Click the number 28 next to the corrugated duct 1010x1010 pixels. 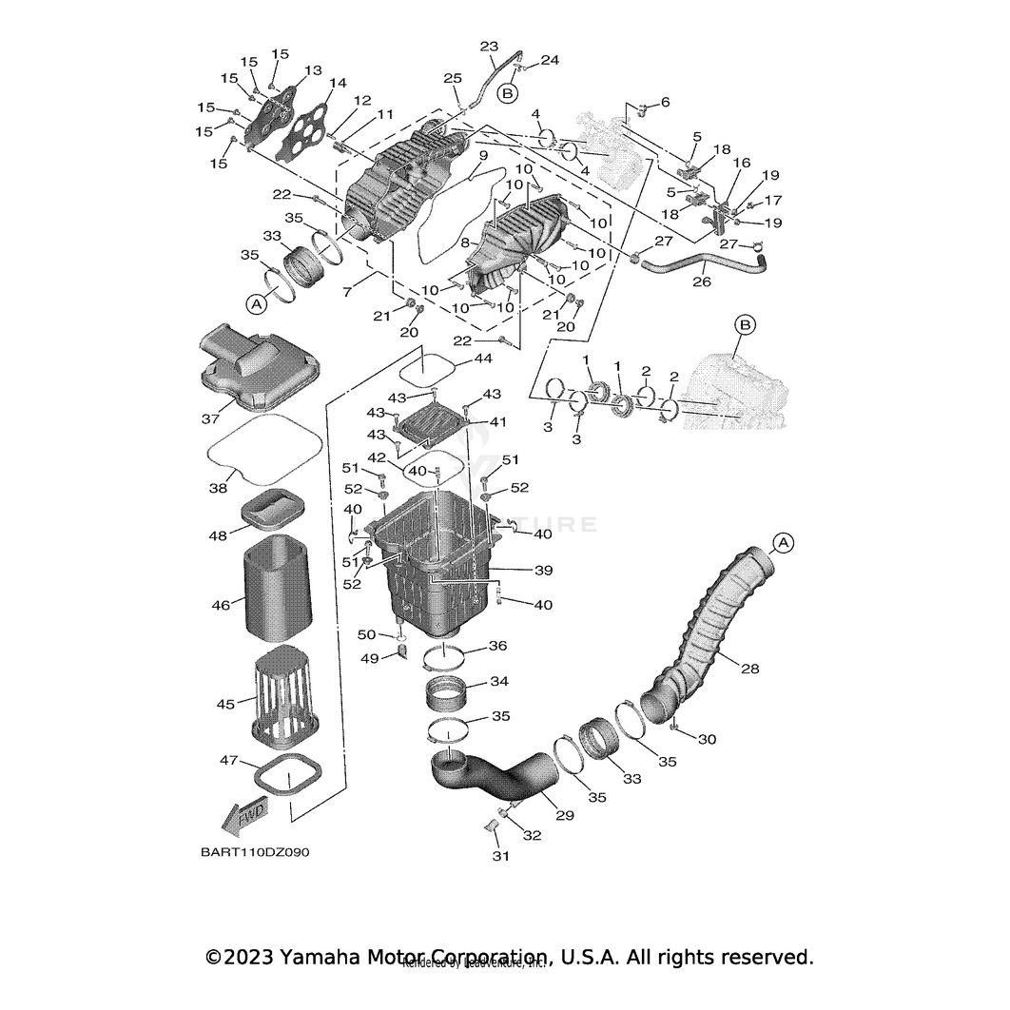[x=749, y=670]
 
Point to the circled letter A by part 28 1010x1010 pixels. [x=782, y=542]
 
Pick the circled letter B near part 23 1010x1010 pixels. [x=508, y=92]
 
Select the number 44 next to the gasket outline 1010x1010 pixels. [x=483, y=359]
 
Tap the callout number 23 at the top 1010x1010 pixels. [x=489, y=46]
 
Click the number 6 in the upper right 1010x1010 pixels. [x=665, y=102]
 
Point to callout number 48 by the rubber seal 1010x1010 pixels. [x=219, y=535]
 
